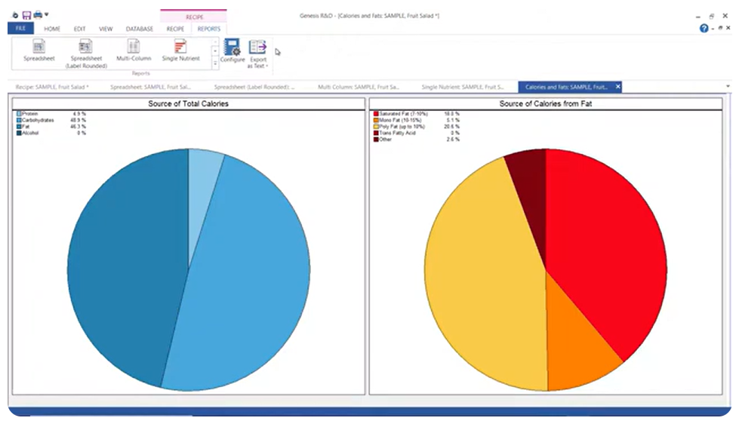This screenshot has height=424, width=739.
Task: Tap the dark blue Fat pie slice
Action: point(125,264)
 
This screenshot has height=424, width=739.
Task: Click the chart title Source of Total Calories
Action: point(188,103)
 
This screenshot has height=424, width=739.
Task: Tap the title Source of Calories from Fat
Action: point(545,103)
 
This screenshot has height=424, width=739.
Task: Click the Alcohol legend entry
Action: point(30,133)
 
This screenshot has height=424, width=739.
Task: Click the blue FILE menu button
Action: point(20,29)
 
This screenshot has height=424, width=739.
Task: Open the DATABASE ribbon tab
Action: point(140,29)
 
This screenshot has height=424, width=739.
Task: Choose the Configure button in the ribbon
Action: point(232,51)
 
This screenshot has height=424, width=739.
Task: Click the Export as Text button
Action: point(258,53)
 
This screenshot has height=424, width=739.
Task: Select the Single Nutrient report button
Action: point(180,51)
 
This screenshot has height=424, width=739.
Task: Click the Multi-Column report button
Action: point(134,51)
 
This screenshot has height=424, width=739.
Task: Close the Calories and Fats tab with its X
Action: point(617,87)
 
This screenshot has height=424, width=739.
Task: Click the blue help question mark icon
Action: point(704,28)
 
